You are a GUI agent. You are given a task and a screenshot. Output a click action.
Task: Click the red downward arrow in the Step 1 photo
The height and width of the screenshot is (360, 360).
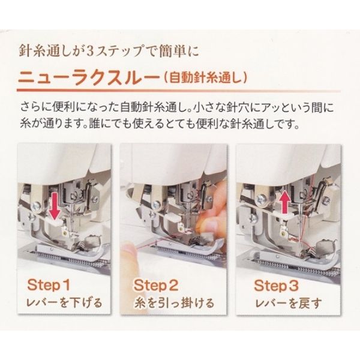point(55,205)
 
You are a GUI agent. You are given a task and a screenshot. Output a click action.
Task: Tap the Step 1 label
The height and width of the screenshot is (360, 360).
point(49,285)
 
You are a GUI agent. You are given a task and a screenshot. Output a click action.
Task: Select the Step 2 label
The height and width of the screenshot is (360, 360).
point(156,285)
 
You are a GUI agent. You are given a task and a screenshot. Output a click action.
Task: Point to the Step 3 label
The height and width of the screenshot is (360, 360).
point(276,285)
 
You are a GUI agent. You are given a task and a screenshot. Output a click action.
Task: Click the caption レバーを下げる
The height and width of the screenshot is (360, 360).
point(64,303)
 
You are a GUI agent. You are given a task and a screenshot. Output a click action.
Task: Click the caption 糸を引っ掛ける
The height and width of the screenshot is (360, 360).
point(174,303)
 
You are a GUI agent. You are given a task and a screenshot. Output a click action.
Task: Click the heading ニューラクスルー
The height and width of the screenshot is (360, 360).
point(88,78)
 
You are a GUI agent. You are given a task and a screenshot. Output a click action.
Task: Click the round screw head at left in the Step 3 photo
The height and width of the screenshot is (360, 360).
point(261,198)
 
